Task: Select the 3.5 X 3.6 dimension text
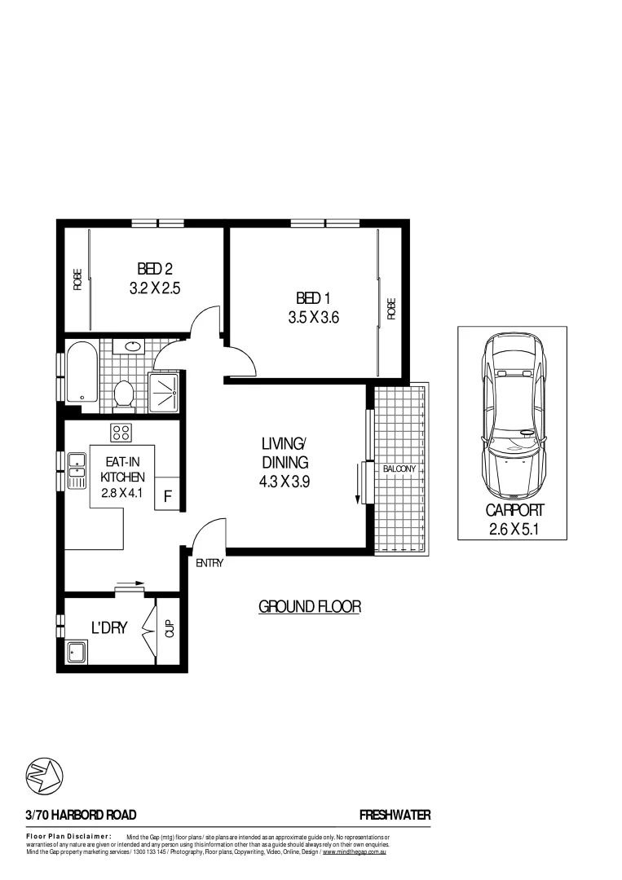(313, 319)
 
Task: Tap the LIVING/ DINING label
(283, 453)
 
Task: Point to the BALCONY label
(399, 469)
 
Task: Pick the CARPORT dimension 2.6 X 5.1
(514, 530)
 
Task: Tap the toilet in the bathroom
(124, 394)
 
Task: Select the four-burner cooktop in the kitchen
(121, 432)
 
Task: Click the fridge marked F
(168, 495)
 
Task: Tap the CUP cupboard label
(170, 629)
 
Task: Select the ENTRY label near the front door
(210, 562)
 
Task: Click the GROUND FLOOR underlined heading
(309, 607)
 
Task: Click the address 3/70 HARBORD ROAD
(81, 815)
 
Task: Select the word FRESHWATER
(395, 815)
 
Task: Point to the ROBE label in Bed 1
(391, 308)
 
